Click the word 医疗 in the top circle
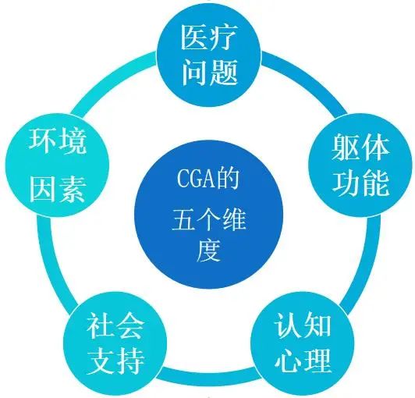point(208,37)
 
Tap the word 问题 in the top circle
point(209,72)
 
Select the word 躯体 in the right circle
point(360,147)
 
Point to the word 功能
point(360,183)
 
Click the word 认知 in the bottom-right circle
point(303,325)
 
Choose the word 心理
point(303,360)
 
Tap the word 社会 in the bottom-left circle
point(115,325)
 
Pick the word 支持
point(115,361)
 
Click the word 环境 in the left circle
point(58,141)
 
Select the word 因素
point(58,190)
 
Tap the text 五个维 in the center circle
point(209,220)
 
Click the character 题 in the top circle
point(224,72)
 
